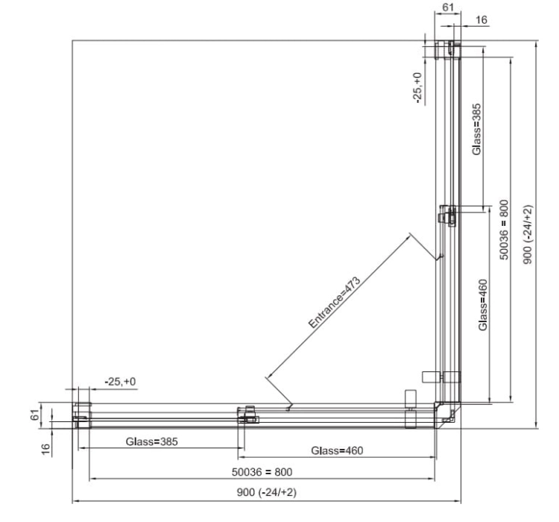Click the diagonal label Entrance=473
(335, 302)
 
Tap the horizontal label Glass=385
(151, 441)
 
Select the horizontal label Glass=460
(337, 450)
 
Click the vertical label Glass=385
(476, 130)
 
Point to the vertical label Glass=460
(483, 305)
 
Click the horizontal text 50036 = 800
(262, 472)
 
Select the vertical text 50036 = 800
(504, 230)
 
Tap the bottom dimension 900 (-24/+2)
(267, 492)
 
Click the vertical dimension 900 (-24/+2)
(528, 234)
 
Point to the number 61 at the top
(448, 7)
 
